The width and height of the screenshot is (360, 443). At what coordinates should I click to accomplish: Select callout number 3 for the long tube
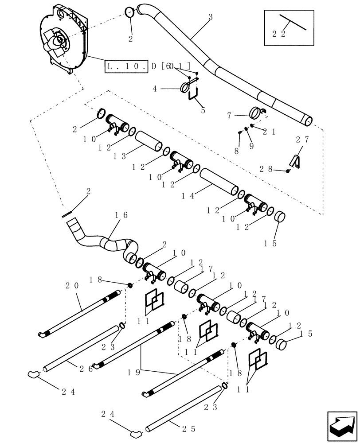click(210, 17)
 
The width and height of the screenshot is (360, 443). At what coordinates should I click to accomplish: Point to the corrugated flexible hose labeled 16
click(106, 241)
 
